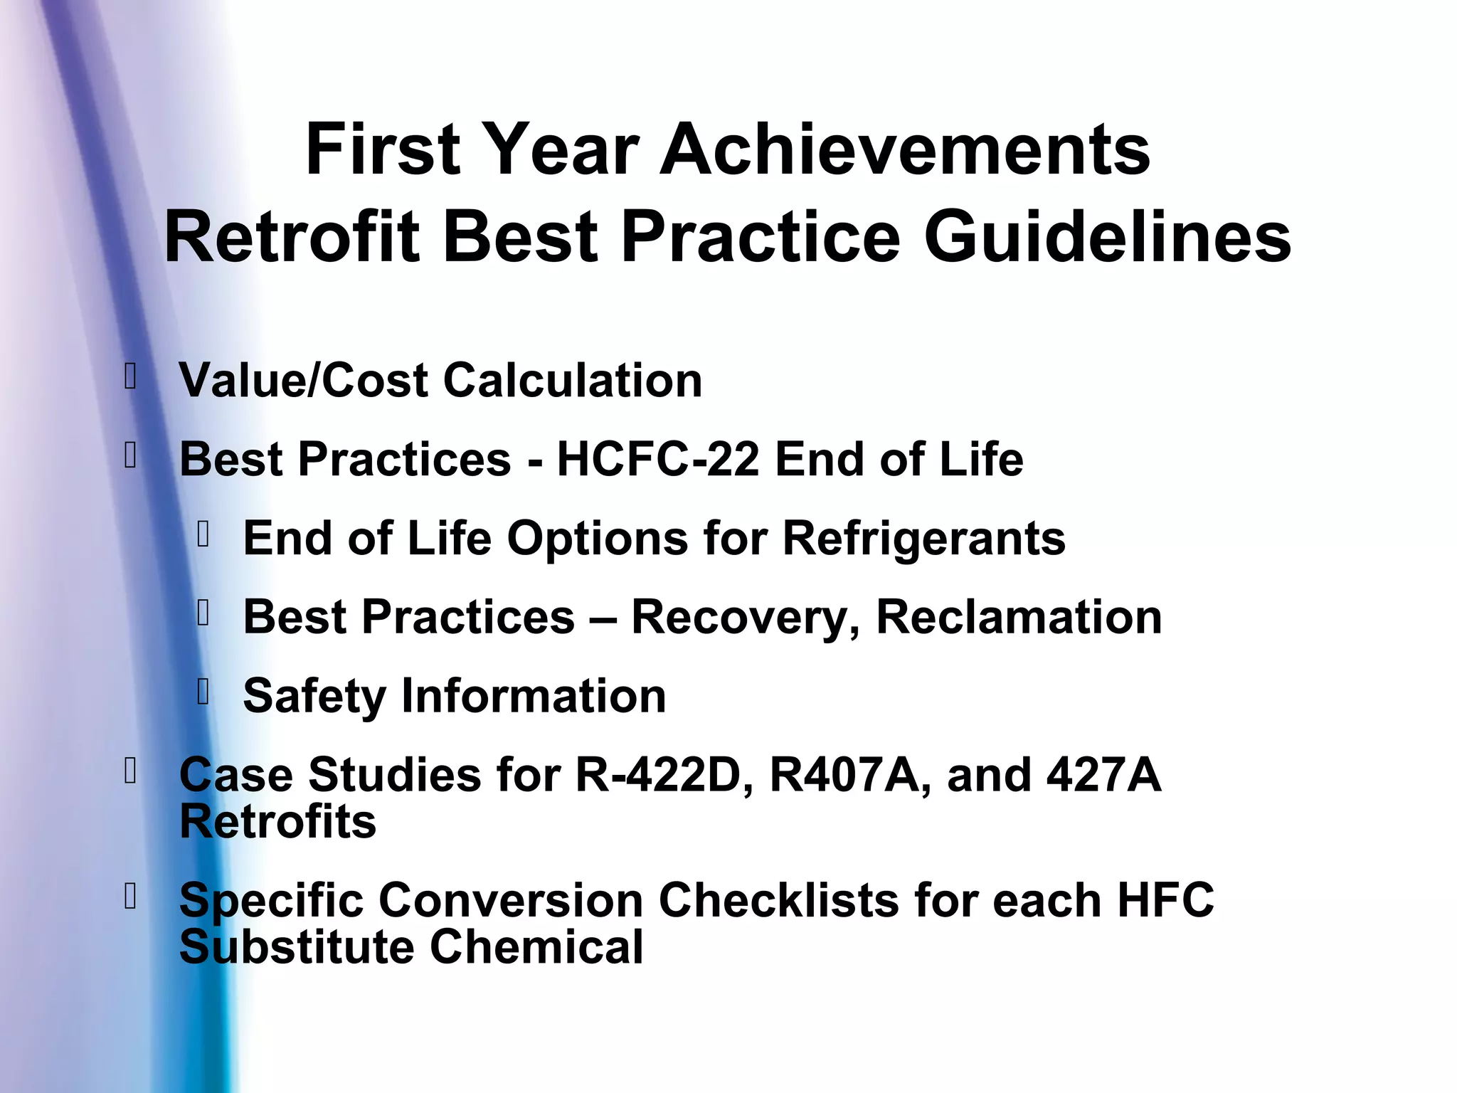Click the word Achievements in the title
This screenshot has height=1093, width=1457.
[905, 149]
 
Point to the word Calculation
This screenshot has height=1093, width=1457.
[573, 381]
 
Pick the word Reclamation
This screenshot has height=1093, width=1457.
[1019, 617]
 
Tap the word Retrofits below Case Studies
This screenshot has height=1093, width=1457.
[277, 822]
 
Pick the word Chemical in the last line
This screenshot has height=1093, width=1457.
[536, 947]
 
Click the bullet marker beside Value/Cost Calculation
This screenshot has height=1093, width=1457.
[129, 376]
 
